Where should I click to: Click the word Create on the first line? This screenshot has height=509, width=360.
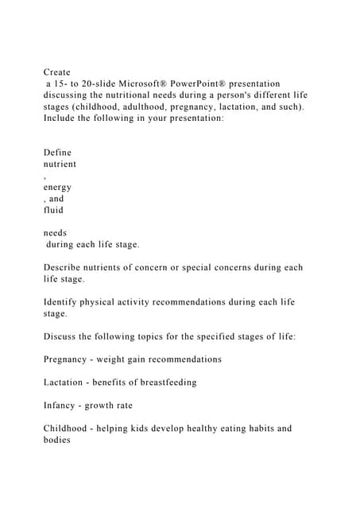(57, 72)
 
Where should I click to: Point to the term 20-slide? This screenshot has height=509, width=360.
(97, 84)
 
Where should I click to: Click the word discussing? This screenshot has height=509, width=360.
(70, 95)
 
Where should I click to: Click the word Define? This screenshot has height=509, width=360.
(57, 153)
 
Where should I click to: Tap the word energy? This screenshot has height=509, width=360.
(57, 188)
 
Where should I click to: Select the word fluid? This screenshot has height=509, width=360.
(54, 211)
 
